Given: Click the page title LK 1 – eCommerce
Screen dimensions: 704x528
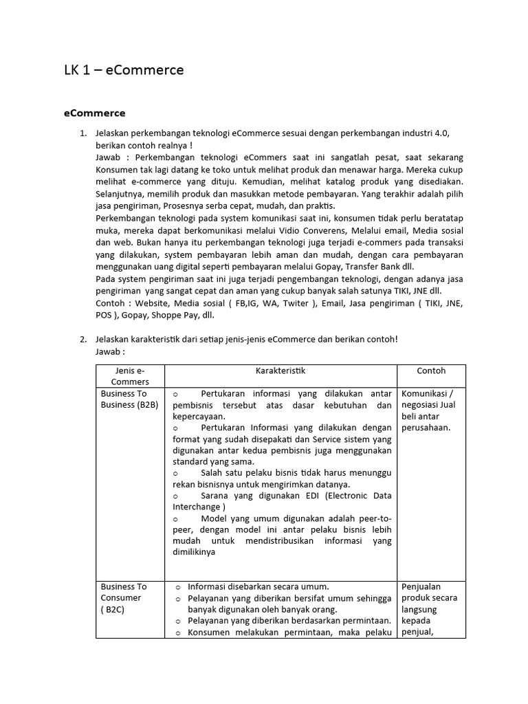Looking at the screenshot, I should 123,70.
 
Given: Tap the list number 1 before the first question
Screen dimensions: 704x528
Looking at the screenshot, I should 83,132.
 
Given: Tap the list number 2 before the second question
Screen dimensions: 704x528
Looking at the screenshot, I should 83,339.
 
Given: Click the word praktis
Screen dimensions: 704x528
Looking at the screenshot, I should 320,206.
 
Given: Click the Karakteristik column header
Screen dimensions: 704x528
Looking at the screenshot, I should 280,371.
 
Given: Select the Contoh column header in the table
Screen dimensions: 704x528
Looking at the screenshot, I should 431,371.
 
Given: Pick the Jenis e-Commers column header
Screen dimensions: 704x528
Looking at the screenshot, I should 130,376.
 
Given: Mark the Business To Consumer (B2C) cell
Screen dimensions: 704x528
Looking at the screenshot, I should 124,598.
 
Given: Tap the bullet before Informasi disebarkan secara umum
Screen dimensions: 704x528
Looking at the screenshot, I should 178,586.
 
